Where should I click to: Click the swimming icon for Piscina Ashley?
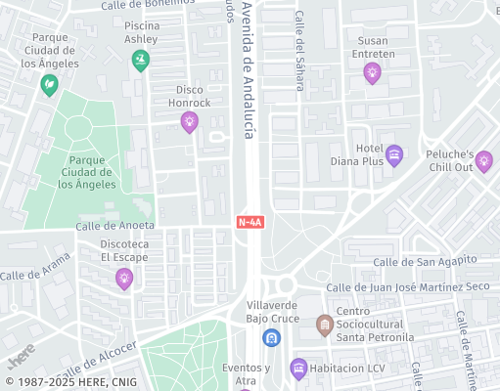point(141,61)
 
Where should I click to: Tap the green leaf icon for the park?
point(48,86)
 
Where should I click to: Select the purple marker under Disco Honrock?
point(189,121)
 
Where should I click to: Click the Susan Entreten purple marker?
point(372,72)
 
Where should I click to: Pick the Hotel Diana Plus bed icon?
point(394,155)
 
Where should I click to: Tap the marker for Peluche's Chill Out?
point(483,161)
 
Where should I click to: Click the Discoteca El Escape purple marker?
point(124,279)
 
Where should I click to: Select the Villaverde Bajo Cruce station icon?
point(272,338)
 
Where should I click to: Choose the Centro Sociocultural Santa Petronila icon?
point(324,324)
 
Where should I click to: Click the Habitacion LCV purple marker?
point(299,368)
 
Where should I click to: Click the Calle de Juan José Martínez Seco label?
point(407,286)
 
